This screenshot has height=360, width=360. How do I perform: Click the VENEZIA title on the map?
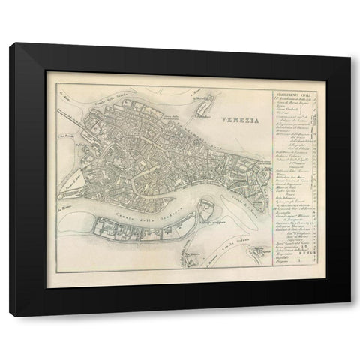241,118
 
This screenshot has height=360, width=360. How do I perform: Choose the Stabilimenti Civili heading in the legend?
288,95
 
